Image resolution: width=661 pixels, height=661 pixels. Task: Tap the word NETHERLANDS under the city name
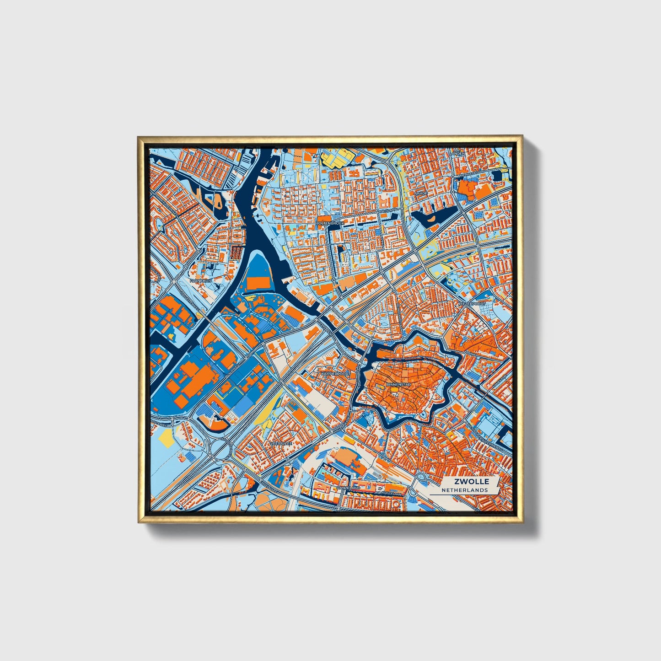[464, 490]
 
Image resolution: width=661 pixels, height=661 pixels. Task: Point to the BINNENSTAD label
[398, 385]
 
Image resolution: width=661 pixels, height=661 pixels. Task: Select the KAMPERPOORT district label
[335, 373]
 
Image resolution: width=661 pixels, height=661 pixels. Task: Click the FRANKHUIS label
[201, 280]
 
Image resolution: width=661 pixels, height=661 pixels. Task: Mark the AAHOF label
[420, 193]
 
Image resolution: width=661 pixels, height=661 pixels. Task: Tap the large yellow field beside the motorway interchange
[166, 440]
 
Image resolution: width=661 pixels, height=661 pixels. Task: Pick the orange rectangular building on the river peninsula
[259, 283]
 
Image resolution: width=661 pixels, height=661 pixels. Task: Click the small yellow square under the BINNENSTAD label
[393, 392]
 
